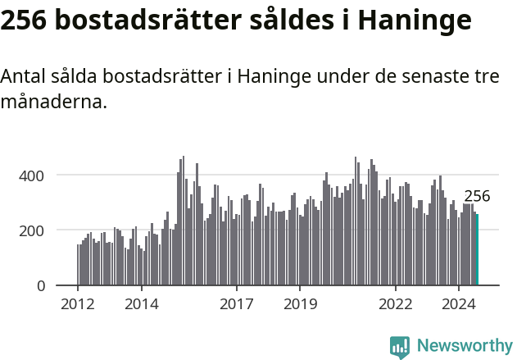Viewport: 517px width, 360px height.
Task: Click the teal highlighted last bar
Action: tap(477, 250)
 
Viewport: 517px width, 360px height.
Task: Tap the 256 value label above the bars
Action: tap(477, 197)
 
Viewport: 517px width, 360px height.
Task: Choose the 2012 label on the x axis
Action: tap(78, 305)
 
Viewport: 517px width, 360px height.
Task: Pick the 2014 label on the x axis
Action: tap(141, 305)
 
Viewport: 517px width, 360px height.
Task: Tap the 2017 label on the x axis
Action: tap(237, 305)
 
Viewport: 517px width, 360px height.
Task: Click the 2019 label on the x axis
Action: tap(300, 305)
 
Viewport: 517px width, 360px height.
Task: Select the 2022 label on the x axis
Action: tap(396, 305)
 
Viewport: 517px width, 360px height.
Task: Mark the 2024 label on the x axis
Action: tap(459, 305)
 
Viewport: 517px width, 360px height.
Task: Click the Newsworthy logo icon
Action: tap(400, 346)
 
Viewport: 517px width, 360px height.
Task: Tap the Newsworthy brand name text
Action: tap(464, 346)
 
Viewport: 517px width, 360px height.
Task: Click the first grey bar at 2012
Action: tap(78, 265)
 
